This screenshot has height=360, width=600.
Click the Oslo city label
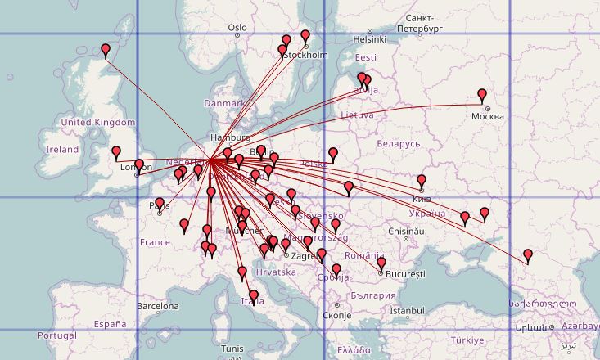237,27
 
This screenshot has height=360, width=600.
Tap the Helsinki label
369,38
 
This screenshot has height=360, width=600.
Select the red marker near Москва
482,96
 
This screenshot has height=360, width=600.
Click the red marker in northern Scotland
106,50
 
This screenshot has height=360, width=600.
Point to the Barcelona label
157,306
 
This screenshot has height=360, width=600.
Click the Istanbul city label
407,311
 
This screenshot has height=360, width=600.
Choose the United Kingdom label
97,123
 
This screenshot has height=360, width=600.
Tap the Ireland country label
62,150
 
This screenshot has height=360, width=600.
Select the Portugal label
56,335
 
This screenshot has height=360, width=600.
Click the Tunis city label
232,349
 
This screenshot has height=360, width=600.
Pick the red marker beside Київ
422,181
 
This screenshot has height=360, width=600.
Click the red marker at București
381,264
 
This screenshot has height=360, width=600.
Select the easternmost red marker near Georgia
528,256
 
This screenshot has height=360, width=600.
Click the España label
110,324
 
